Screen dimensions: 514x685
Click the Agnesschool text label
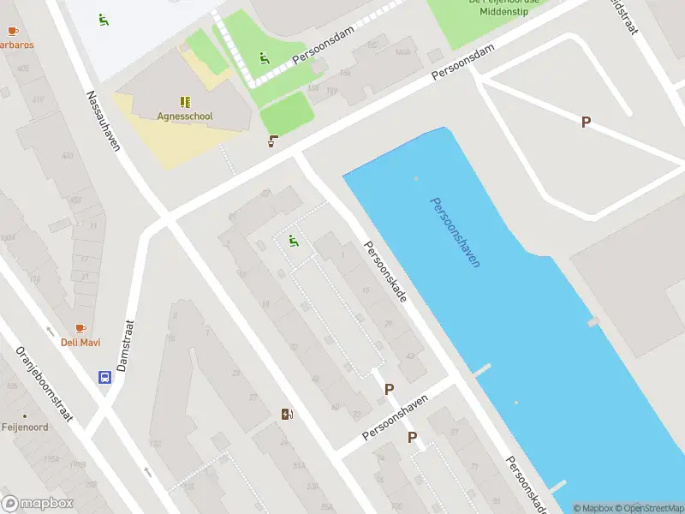coord(185,116)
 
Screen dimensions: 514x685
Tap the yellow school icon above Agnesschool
coord(185,101)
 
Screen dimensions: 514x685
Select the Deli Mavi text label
coord(80,343)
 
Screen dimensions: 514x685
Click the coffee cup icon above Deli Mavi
coord(80,328)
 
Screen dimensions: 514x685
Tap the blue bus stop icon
coord(104,377)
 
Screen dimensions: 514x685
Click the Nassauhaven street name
coord(103,120)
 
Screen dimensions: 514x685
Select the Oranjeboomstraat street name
coord(45,385)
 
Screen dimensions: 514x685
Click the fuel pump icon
coord(287,415)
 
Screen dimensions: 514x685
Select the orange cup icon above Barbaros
coord(12,31)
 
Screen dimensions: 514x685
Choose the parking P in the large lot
coord(586,123)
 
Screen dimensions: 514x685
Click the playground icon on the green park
coord(264,58)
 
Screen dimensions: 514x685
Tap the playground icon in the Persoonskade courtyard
coord(294,241)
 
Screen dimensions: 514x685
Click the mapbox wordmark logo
coord(38,504)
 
